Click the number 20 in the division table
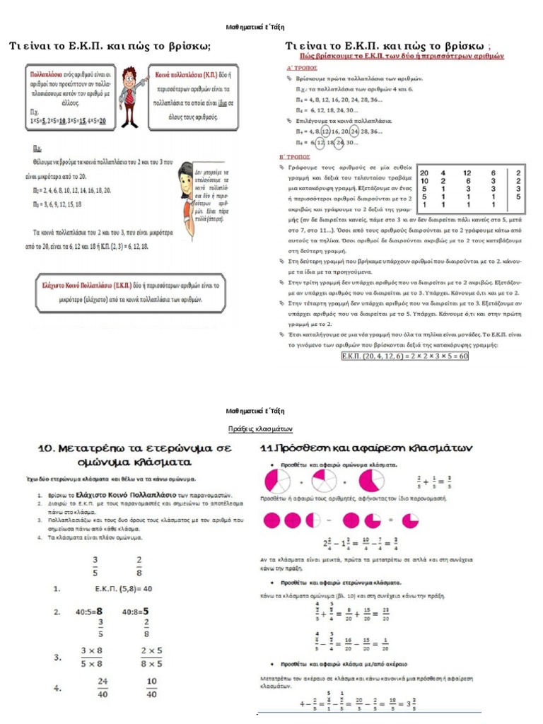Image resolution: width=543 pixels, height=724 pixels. coord(424,173)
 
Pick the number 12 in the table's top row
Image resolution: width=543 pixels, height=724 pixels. coord(467,173)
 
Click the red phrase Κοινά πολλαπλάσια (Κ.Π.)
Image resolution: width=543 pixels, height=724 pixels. coord(185,73)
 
